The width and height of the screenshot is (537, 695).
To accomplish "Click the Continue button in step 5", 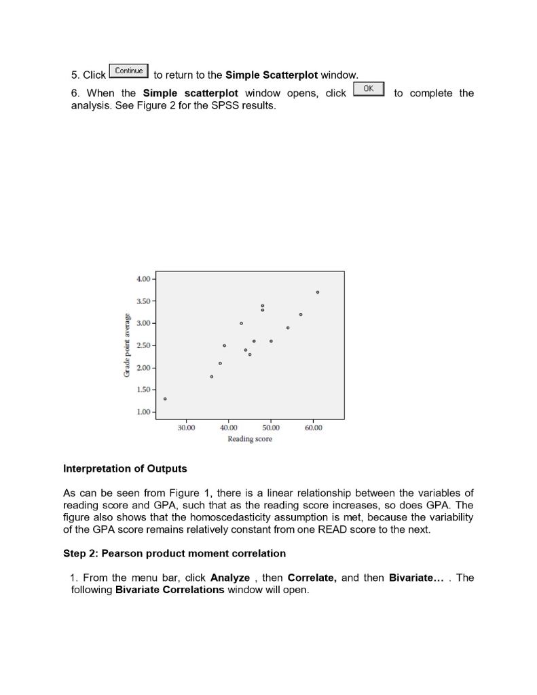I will tap(129, 71).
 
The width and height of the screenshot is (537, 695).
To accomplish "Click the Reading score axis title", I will tap(250, 439).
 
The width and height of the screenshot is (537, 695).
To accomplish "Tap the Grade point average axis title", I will tap(126, 345).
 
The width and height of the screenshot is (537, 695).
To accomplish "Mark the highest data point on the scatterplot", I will tap(318, 292).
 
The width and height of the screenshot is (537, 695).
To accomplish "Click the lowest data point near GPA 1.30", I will tap(165, 399).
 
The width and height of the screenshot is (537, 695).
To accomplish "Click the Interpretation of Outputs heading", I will tap(125, 468).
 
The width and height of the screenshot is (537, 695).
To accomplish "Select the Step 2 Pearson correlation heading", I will tap(174, 553).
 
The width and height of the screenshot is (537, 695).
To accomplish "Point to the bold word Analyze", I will tap(230, 578).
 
